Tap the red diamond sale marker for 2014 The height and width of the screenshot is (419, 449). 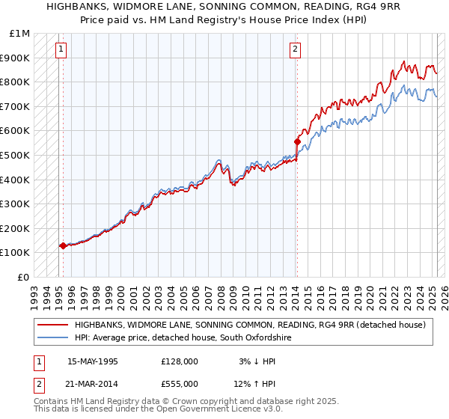[x=297, y=141]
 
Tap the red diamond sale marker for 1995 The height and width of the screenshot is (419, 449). [x=63, y=245]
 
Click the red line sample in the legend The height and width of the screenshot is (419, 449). [x=52, y=325]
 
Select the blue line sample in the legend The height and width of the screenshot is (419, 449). [x=52, y=338]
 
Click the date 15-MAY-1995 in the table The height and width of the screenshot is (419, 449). [x=92, y=361]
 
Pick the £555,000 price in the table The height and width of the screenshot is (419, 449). [x=180, y=384]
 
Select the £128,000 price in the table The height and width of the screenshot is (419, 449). [x=180, y=361]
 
